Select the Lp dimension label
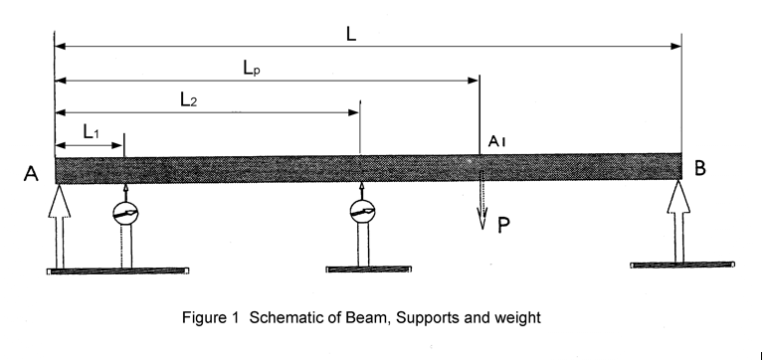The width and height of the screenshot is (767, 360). point(252,68)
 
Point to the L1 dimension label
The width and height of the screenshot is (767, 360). point(91,130)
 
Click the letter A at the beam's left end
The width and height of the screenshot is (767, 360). point(31,175)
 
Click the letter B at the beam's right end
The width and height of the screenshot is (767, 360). point(700,169)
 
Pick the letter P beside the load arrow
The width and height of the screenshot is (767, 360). point(504,225)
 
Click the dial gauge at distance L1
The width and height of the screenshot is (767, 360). point(125,213)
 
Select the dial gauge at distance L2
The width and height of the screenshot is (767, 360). point(361,212)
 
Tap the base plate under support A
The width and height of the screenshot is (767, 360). point(118,270)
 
